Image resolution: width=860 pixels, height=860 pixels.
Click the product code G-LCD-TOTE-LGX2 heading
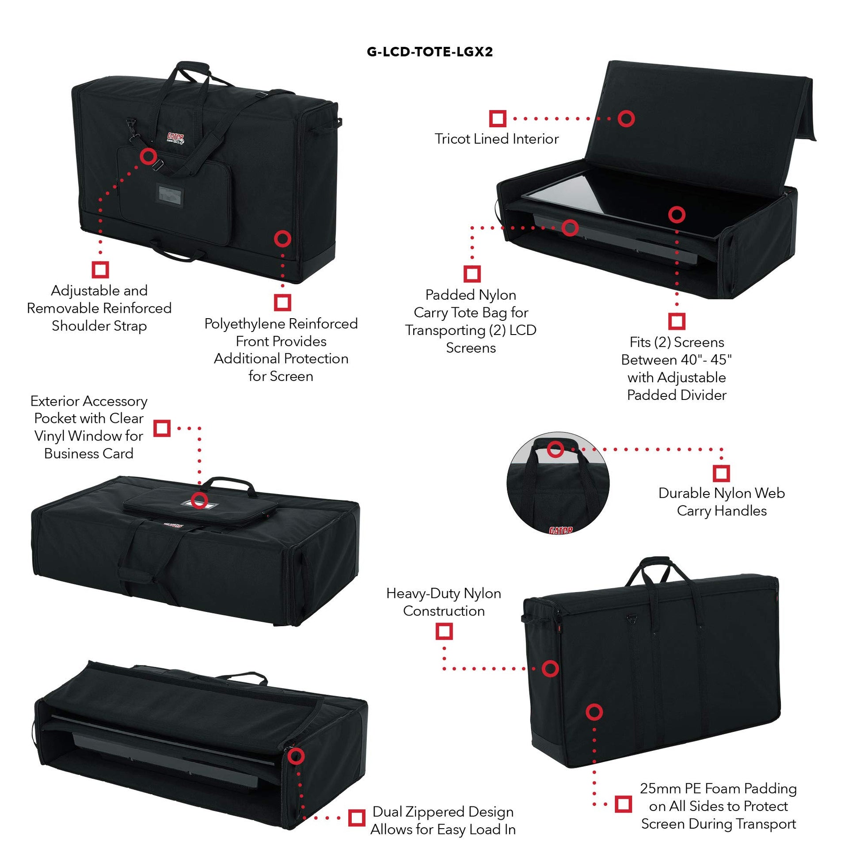(x=430, y=52)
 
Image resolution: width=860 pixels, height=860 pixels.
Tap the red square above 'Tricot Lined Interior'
(x=498, y=118)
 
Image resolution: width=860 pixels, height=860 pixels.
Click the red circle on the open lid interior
(x=626, y=118)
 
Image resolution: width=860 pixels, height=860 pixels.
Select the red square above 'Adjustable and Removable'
(x=101, y=270)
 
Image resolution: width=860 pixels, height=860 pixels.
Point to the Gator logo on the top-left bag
(x=175, y=138)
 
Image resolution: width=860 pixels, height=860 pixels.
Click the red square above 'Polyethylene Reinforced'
(x=282, y=303)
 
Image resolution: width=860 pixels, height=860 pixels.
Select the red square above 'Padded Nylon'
(x=472, y=274)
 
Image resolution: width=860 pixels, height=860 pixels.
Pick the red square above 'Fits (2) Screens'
(x=677, y=321)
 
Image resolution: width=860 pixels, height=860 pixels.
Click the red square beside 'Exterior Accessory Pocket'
(x=162, y=428)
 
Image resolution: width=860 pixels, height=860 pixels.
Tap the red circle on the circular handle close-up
(x=555, y=449)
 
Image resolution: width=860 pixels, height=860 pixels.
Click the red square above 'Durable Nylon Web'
(x=721, y=473)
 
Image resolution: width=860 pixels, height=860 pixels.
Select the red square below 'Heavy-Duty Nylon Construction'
(x=444, y=631)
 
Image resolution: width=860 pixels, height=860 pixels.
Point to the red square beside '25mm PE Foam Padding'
(x=623, y=804)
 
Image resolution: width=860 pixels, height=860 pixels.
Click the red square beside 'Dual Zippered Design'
(x=356, y=818)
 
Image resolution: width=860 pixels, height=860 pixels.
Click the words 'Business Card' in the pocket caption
(x=88, y=453)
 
